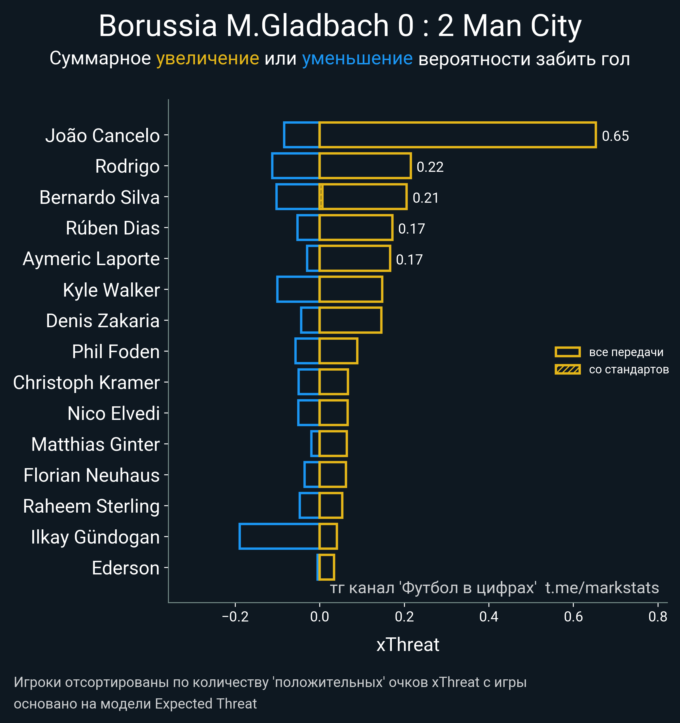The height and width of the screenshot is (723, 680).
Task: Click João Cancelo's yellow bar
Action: pyautogui.click(x=457, y=135)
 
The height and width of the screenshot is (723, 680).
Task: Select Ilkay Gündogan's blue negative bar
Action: pyautogui.click(x=279, y=536)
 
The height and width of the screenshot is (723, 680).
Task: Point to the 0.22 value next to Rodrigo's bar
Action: pyautogui.click(x=430, y=167)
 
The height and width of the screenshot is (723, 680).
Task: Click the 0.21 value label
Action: pyautogui.click(x=426, y=198)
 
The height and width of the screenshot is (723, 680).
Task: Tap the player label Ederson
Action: pyautogui.click(x=126, y=568)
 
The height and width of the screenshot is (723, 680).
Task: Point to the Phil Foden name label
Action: pyautogui.click(x=116, y=352)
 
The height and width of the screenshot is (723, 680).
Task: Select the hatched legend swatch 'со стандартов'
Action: pyautogui.click(x=567, y=369)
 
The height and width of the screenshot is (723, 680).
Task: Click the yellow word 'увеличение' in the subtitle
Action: pyautogui.click(x=207, y=59)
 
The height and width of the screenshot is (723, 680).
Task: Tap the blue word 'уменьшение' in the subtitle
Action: pyautogui.click(x=357, y=59)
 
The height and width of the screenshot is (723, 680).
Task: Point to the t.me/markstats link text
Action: pyautogui.click(x=602, y=588)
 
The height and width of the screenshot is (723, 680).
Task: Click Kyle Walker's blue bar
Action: pyautogui.click(x=298, y=289)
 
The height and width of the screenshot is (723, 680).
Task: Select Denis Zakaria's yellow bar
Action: pyautogui.click(x=350, y=320)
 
